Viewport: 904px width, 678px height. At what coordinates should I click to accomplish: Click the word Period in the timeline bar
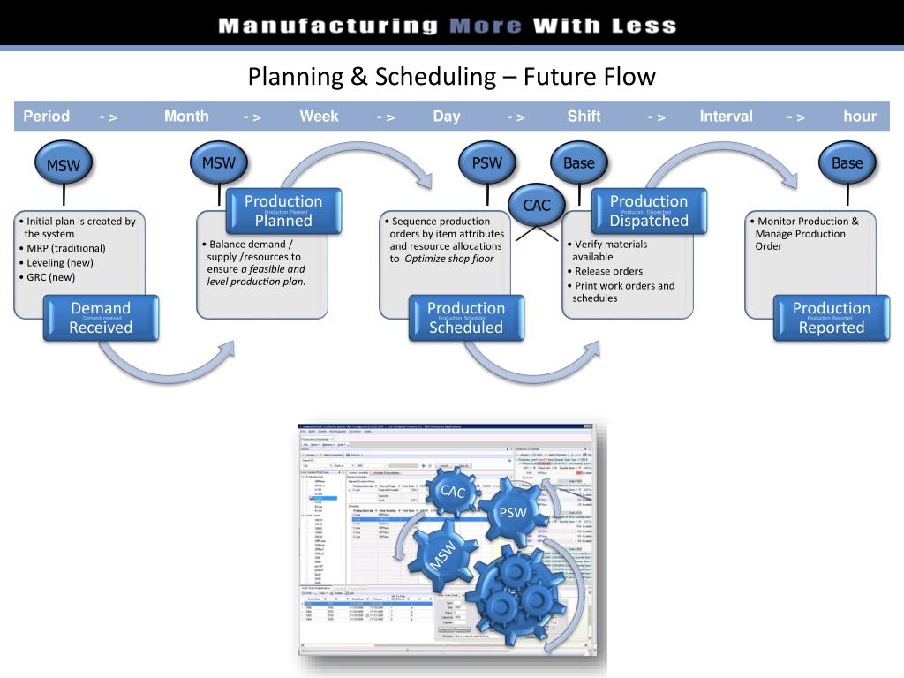click(x=46, y=117)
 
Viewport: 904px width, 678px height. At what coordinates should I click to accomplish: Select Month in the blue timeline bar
click(x=186, y=117)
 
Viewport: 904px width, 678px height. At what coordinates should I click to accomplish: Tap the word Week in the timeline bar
click(x=319, y=117)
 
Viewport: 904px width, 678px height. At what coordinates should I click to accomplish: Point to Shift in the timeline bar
click(x=584, y=117)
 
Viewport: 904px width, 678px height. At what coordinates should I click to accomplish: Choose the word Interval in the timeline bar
click(x=726, y=117)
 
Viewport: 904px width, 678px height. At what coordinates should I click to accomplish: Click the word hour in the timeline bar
click(x=859, y=117)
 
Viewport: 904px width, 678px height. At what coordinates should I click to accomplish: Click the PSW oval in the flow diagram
click(x=486, y=163)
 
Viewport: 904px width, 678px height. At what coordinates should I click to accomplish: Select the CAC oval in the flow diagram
click(x=536, y=206)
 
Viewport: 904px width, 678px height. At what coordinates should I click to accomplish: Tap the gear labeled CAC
click(x=452, y=493)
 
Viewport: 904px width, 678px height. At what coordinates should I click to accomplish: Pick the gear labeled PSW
click(x=512, y=513)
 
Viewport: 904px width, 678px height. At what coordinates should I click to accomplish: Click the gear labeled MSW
click(x=443, y=554)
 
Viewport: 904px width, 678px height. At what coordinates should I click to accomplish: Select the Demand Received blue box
click(x=101, y=318)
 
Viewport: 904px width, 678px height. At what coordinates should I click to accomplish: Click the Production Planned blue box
click(x=283, y=211)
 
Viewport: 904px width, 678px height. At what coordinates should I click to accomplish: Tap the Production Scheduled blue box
click(x=465, y=318)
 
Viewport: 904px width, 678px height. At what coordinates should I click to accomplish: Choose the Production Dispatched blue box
click(x=648, y=211)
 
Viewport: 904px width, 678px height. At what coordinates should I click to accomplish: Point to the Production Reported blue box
click(x=831, y=318)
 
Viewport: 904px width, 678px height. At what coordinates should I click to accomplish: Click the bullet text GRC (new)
click(x=50, y=277)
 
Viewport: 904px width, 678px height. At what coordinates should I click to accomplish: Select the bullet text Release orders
click(x=608, y=271)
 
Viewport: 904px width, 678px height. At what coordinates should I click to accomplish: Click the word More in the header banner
click(x=485, y=26)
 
